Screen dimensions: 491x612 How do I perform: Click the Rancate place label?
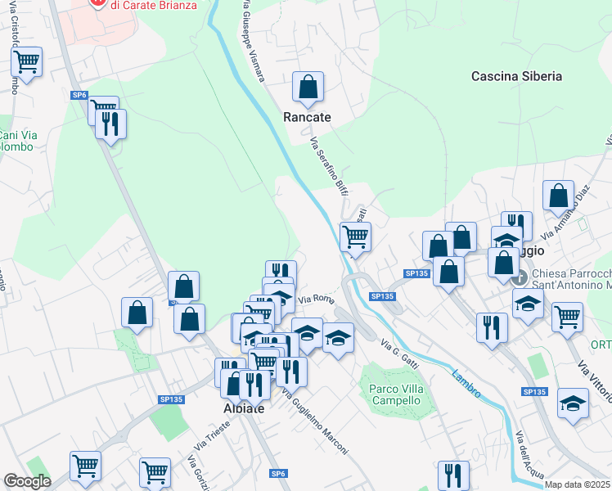coord(307,117)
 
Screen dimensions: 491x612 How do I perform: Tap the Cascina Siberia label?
coord(516,76)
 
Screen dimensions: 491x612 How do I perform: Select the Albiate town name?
coord(244,408)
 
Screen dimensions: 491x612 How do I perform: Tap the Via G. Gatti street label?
coord(399,346)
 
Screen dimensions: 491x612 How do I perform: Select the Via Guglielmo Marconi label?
coord(315,422)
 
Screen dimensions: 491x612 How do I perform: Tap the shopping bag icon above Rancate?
coord(308,87)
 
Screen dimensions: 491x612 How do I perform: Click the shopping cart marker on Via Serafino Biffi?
coord(355,236)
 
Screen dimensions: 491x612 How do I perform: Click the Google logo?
coord(27,481)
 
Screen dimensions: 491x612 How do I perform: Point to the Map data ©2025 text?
coord(578,484)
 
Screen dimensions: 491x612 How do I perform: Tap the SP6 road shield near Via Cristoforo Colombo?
coord(79,95)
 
